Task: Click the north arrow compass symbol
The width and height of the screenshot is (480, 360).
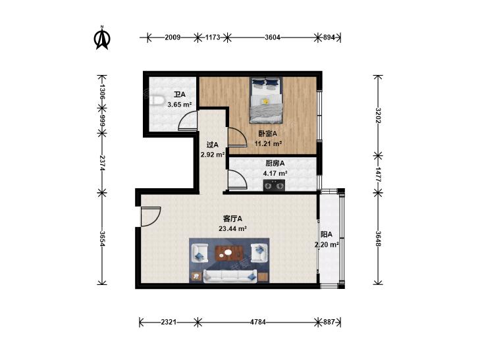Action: pos(102,38)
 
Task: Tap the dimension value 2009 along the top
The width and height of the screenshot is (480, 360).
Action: pos(173,38)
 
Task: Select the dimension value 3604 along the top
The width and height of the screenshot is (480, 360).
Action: pos(272,38)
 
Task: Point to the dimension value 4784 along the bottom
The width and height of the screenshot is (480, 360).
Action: pos(257,322)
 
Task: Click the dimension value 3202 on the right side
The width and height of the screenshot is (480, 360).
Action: pos(379,115)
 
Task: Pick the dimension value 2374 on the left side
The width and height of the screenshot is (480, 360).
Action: pos(102,163)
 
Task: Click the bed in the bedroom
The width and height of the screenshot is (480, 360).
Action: pos(266,100)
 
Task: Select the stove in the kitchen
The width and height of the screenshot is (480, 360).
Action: pos(274,186)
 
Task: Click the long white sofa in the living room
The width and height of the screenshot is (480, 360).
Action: pos(230,276)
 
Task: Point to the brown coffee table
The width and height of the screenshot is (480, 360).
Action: pos(229,253)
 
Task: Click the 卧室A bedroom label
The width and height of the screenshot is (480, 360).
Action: pos(267,134)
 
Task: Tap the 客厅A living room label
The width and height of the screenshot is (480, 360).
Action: pos(232,219)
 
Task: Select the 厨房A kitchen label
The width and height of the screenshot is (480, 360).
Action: pos(275,163)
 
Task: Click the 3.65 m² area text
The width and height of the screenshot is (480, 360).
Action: pos(179,105)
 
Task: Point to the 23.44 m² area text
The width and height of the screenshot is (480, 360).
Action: pos(232,228)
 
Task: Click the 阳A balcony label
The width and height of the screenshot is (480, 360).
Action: pos(327,234)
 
